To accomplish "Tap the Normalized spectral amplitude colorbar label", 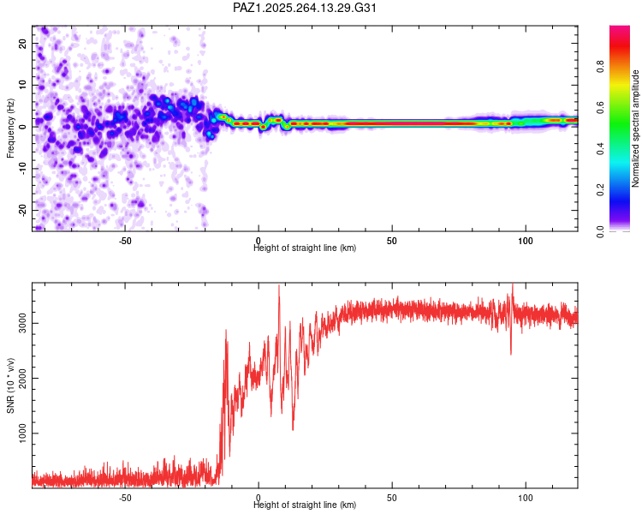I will point(636,128).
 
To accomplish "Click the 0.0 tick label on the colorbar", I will point(602,231).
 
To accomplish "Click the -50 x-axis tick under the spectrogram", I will point(124,240).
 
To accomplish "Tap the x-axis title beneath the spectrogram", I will point(305,248).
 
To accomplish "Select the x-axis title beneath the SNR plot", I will point(305,505).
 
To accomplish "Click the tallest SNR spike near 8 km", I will point(279,287).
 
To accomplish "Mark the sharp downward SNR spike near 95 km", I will point(511,353).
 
